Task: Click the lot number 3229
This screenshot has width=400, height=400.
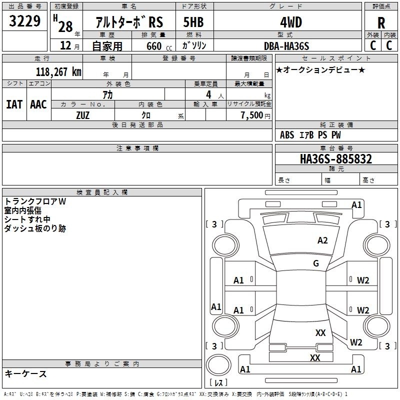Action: click(x=24, y=21)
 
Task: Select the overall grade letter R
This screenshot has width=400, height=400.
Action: click(x=381, y=23)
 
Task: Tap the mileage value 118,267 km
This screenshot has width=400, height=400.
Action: click(x=58, y=72)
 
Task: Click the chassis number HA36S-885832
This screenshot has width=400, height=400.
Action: click(x=336, y=159)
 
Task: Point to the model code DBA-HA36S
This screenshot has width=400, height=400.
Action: click(x=286, y=46)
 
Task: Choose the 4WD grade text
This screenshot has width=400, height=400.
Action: click(x=291, y=22)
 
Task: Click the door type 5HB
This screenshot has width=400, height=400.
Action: click(x=193, y=22)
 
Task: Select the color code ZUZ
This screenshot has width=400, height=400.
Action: click(x=83, y=115)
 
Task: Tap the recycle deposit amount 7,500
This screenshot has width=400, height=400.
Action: click(x=252, y=115)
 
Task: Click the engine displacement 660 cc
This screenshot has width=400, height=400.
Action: click(x=159, y=46)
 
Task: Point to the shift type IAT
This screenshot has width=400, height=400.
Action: click(x=14, y=104)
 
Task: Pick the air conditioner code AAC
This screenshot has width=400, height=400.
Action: click(x=38, y=104)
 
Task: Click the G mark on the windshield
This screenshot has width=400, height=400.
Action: click(x=316, y=263)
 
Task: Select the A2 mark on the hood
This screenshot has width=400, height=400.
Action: click(x=322, y=240)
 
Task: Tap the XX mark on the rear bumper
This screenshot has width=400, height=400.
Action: click(x=315, y=357)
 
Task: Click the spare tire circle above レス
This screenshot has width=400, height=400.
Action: click(x=218, y=365)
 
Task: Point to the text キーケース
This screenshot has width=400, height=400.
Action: click(x=26, y=374)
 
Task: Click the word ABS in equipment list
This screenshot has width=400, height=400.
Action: click(x=287, y=135)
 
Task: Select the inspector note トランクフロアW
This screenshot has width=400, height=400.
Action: click(x=35, y=201)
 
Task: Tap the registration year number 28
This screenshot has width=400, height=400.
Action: click(x=65, y=26)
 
